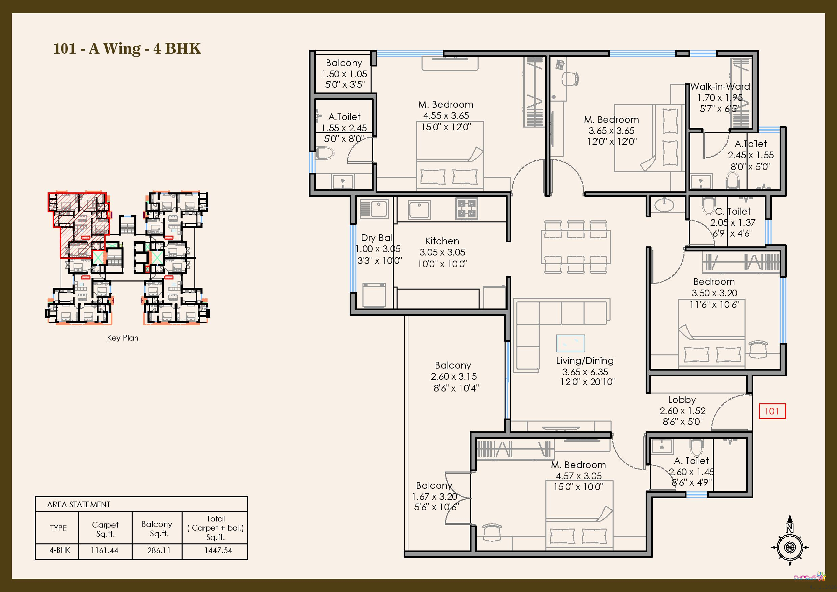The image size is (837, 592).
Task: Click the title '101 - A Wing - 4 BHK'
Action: click(x=127, y=49)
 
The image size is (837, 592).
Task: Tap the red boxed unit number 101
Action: click(x=772, y=411)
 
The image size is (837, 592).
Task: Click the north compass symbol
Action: click(x=790, y=542)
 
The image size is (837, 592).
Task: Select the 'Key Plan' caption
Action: click(x=123, y=338)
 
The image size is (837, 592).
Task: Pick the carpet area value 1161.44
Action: click(x=105, y=550)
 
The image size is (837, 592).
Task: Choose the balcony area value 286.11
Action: click(x=159, y=550)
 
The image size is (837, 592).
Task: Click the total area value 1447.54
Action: click(x=218, y=550)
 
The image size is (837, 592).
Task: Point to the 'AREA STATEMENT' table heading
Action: click(x=78, y=505)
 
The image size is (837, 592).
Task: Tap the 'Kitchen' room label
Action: click(x=442, y=241)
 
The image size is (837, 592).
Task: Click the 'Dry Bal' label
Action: click(x=377, y=238)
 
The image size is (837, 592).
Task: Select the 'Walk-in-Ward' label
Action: click(x=720, y=87)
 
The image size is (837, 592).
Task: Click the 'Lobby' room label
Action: click(x=682, y=400)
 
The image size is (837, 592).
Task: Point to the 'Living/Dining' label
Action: click(x=585, y=361)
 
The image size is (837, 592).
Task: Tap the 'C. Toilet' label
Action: click(x=733, y=211)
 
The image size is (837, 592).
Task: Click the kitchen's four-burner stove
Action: click(x=467, y=209)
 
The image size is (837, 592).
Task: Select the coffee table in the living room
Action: click(x=570, y=343)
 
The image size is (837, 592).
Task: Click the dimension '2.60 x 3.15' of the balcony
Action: click(x=454, y=377)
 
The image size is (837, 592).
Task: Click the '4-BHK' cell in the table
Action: click(x=60, y=550)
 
